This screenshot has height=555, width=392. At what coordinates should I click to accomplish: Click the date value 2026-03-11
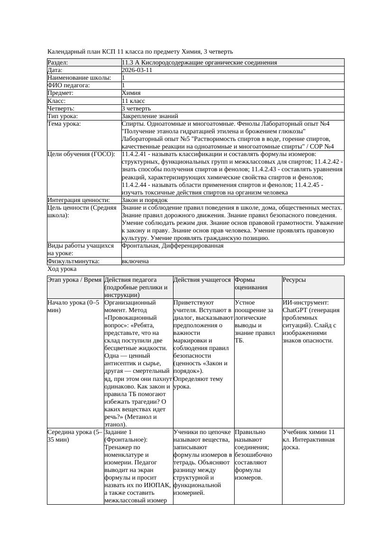click(137, 70)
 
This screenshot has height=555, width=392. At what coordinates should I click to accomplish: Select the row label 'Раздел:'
click(58, 63)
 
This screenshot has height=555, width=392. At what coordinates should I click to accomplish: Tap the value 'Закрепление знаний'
click(150, 116)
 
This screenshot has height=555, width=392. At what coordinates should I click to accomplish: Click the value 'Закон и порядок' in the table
click(145, 200)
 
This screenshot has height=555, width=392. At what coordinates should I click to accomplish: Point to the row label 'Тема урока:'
click(64, 124)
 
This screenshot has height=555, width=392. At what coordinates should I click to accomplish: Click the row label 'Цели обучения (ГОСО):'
click(81, 154)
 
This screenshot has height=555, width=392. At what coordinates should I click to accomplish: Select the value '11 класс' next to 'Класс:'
click(133, 101)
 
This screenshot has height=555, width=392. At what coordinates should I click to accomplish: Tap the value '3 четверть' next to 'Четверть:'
click(136, 108)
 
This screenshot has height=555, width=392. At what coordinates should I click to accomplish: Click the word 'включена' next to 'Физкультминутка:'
click(135, 261)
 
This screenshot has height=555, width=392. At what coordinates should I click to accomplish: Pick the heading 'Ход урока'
click(62, 269)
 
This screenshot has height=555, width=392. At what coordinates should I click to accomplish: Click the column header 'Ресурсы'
click(294, 280)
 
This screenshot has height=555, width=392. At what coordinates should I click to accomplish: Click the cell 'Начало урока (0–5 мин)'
click(74, 306)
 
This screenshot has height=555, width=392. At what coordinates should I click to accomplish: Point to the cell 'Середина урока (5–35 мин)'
click(74, 436)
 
